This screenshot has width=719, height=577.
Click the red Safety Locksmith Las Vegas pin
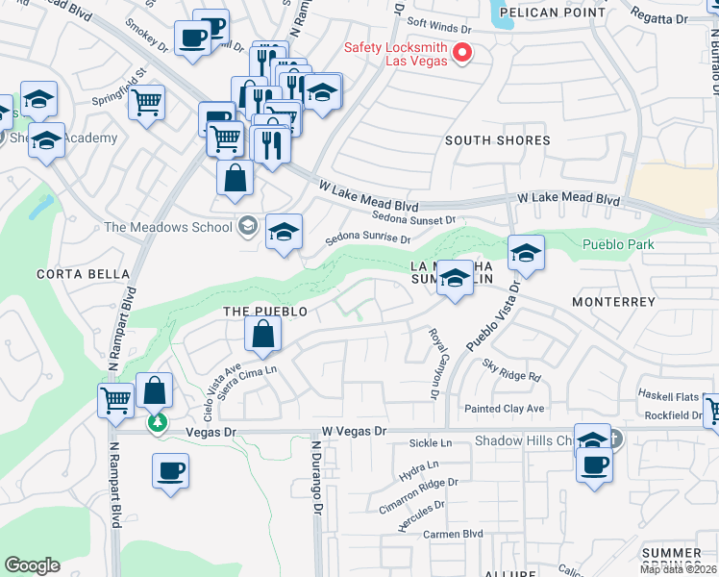(462, 53)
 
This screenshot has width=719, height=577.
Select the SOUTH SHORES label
(497, 140)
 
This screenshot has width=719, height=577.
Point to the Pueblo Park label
(618, 244)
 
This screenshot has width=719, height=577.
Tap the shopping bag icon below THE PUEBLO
(262, 335)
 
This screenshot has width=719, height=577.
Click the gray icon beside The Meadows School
(248, 226)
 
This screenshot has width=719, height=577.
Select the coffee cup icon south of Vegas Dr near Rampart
(170, 471)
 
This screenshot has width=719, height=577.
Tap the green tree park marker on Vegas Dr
(156, 423)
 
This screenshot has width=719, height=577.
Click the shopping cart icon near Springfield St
(146, 101)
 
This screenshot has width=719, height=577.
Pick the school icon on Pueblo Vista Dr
(526, 254)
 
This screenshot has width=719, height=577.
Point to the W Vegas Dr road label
(354, 432)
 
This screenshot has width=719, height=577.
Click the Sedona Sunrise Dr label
(367, 238)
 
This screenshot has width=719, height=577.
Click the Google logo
(32, 565)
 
